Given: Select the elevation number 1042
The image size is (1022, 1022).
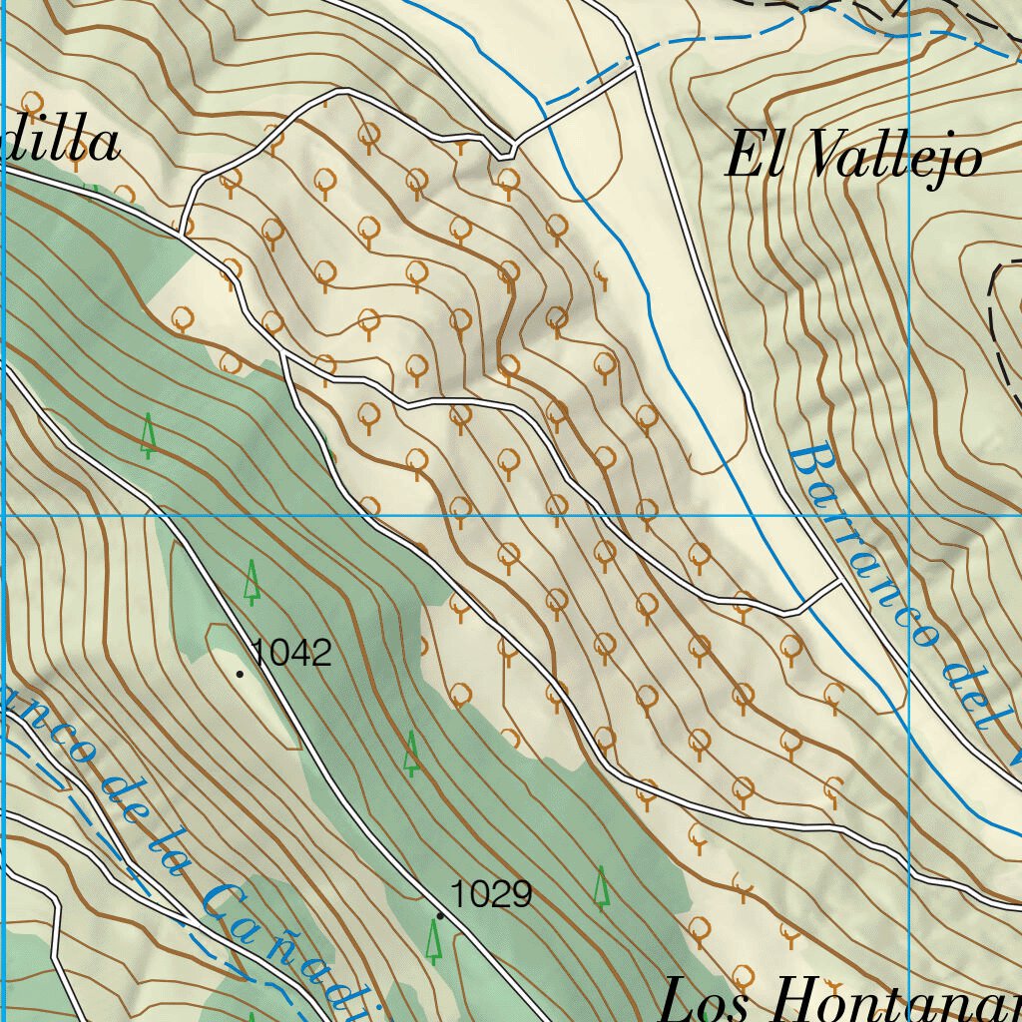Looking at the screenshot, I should (291, 653).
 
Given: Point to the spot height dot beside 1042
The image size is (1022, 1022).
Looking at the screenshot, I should (240, 675).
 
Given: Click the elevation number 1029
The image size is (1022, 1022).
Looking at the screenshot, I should (491, 894).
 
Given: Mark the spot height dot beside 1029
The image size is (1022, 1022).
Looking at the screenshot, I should (440, 915).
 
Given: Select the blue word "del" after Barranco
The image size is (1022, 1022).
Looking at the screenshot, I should (974, 699).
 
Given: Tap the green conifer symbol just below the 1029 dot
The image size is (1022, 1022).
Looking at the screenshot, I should (433, 940).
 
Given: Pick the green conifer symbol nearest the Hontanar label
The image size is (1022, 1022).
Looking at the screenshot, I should (602, 886).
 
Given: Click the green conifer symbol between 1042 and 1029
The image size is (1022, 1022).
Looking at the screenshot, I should (411, 754).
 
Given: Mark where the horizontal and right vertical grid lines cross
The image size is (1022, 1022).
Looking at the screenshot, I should (910, 516).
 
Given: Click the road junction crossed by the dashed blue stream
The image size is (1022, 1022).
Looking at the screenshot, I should (635, 68).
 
